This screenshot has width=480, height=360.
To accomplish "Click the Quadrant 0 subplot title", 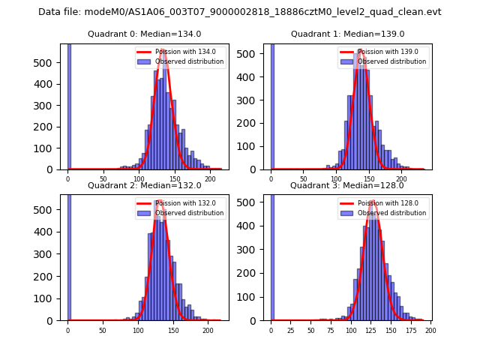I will [144, 34].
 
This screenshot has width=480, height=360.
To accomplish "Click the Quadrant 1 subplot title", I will [347, 34].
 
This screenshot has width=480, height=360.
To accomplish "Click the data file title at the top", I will [240, 12].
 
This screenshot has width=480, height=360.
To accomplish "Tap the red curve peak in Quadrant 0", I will [163, 50].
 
